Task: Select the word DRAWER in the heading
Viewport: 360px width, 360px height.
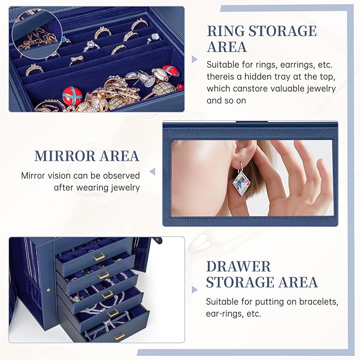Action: (238, 266)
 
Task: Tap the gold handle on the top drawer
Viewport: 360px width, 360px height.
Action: (99, 257)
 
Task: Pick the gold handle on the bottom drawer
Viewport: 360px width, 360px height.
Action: (119, 336)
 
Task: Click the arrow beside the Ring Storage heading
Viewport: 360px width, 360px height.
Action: (195, 59)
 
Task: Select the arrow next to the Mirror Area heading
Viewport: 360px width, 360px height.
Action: (152, 172)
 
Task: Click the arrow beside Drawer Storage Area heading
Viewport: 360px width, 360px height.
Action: (195, 289)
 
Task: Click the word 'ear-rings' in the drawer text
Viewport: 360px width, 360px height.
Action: (224, 314)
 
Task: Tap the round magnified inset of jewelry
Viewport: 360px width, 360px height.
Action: (34, 33)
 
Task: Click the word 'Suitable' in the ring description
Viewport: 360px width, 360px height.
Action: (223, 65)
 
